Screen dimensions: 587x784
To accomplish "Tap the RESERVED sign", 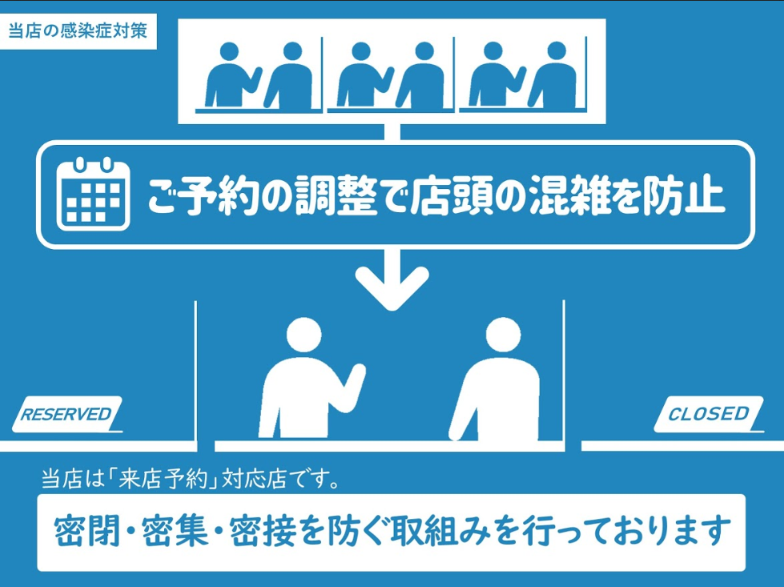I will (66, 414).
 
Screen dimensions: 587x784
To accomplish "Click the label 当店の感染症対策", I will (78, 32).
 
